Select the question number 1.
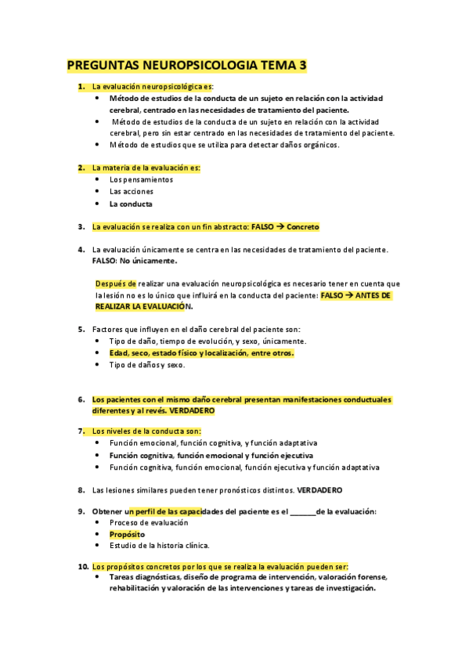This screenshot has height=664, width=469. pyautogui.click(x=81, y=86)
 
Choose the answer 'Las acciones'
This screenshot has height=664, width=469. pyautogui.click(x=131, y=191)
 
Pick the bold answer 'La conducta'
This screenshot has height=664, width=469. pyautogui.click(x=131, y=204)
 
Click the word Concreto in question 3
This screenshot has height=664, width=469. pyautogui.click(x=303, y=227)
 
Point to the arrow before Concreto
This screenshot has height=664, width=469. pyautogui.click(x=280, y=227)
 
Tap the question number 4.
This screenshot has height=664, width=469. pyautogui.click(x=81, y=250)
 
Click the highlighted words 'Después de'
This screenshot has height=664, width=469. pyautogui.click(x=115, y=283)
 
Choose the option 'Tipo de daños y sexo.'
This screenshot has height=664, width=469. pyautogui.click(x=147, y=365)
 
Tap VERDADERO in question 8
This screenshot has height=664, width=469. pyautogui.click(x=319, y=490)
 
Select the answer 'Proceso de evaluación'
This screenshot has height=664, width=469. pyautogui.click(x=149, y=522)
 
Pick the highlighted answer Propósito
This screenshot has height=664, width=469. pyautogui.click(x=127, y=534)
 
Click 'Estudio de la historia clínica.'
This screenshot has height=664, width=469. pyautogui.click(x=160, y=545)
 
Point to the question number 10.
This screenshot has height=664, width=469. pyautogui.click(x=82, y=566)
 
